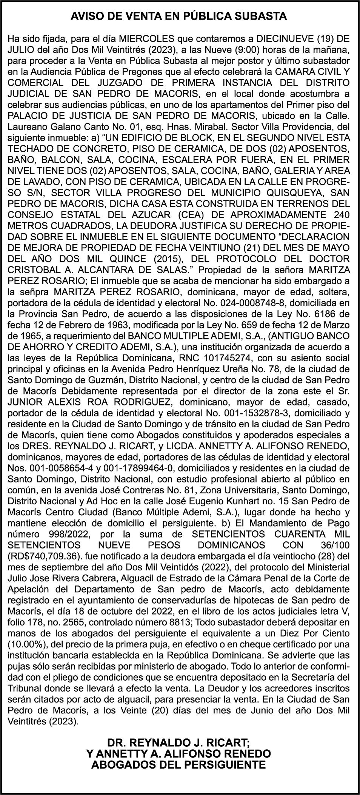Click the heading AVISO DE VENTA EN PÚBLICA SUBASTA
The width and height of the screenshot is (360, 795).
coord(180,16)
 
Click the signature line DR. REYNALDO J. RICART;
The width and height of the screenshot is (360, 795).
coord(178,743)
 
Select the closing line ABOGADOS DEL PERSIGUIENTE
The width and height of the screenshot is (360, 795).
coord(178,765)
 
